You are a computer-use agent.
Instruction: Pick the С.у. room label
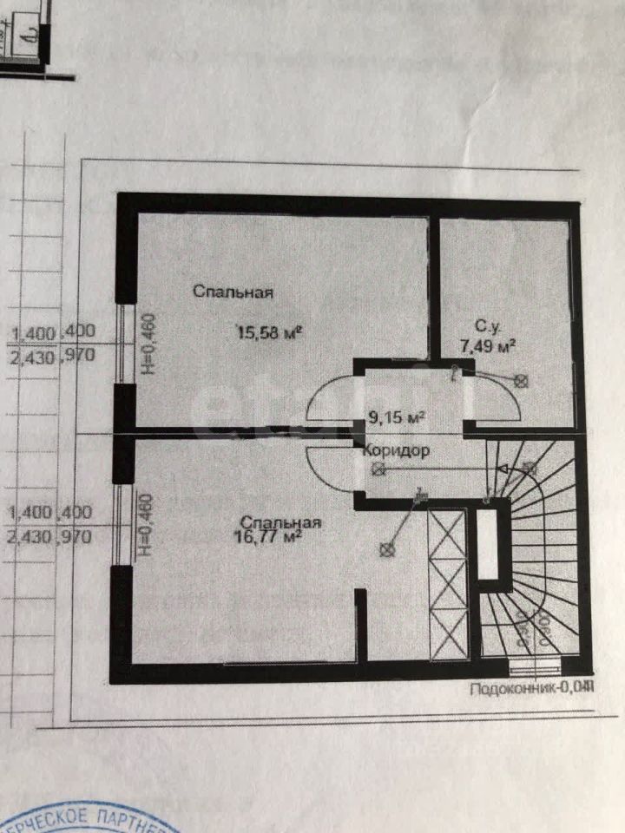pos(486,327)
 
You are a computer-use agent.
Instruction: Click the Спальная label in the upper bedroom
pos(234,292)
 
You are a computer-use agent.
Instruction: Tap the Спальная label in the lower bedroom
pos(282,522)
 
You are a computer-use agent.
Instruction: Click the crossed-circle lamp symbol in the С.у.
pos(522,380)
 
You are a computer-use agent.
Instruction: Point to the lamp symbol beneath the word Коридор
pos(378,469)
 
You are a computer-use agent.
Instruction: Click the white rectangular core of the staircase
pos(488,544)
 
